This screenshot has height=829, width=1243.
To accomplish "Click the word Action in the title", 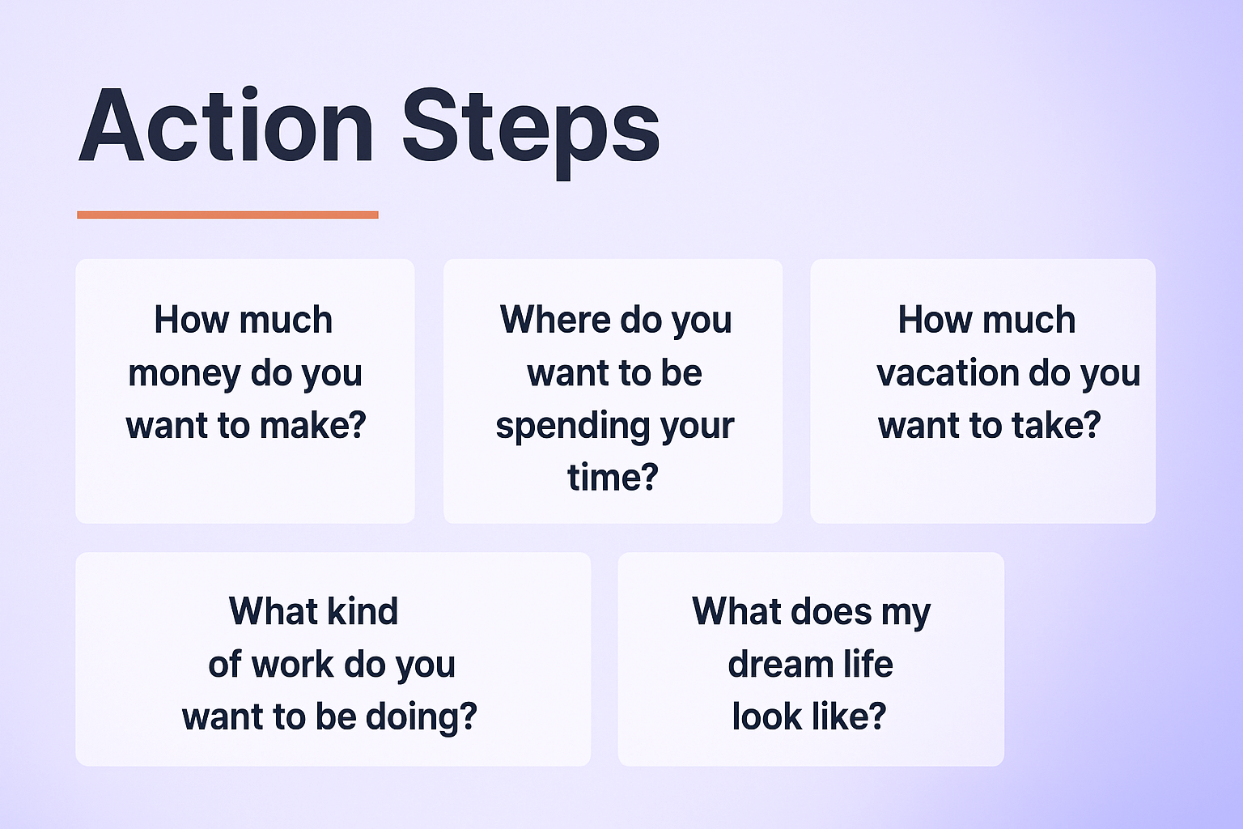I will pyautogui.click(x=226, y=127).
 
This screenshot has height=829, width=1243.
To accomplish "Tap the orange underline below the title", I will pyautogui.click(x=227, y=215).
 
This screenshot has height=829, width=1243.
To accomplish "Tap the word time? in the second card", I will pyautogui.click(x=613, y=478).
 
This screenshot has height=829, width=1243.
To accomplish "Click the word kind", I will pyautogui.click(x=363, y=611).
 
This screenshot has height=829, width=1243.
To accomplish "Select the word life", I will pyautogui.click(x=868, y=665).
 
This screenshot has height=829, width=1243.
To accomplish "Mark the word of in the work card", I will pyautogui.click(x=224, y=665).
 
